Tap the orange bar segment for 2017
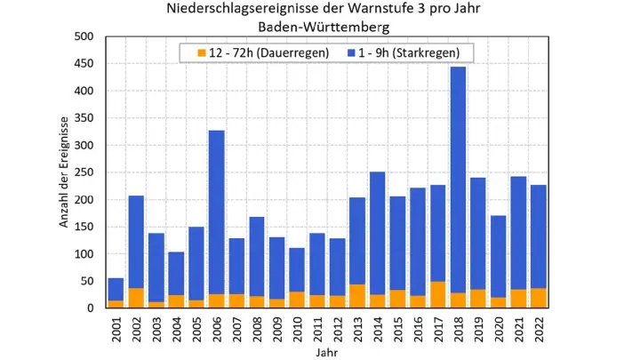tap(437, 294)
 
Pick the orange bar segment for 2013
tap(357, 296)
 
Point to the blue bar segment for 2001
tap(116, 289)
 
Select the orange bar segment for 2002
tap(136, 298)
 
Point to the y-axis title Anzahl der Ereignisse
tap(65, 172)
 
